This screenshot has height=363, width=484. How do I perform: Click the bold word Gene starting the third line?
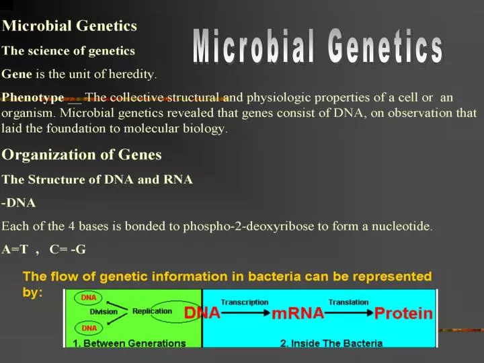pos(15,74)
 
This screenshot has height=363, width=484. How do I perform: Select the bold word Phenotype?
pos(33,97)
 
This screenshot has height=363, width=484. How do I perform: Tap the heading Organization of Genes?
pos(81,155)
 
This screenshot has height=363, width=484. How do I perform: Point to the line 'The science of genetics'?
pos(68,50)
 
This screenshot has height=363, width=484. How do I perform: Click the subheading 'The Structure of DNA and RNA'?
pos(97,179)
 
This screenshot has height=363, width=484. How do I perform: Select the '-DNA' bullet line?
pos(19,202)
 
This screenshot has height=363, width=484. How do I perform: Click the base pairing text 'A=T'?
pos(15,249)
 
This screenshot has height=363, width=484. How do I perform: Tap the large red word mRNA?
pos(298,314)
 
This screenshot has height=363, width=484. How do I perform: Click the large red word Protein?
pos(403,314)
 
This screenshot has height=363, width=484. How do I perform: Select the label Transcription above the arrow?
pos(244,302)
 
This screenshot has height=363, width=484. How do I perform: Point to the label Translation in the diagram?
pos(348,302)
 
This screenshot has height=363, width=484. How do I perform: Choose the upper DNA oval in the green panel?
pos(88,297)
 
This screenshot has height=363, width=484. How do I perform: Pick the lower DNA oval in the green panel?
pos(88,327)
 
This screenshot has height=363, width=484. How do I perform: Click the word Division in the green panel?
pos(104,312)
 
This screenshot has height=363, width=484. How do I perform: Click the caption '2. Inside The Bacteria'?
pos(331,344)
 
